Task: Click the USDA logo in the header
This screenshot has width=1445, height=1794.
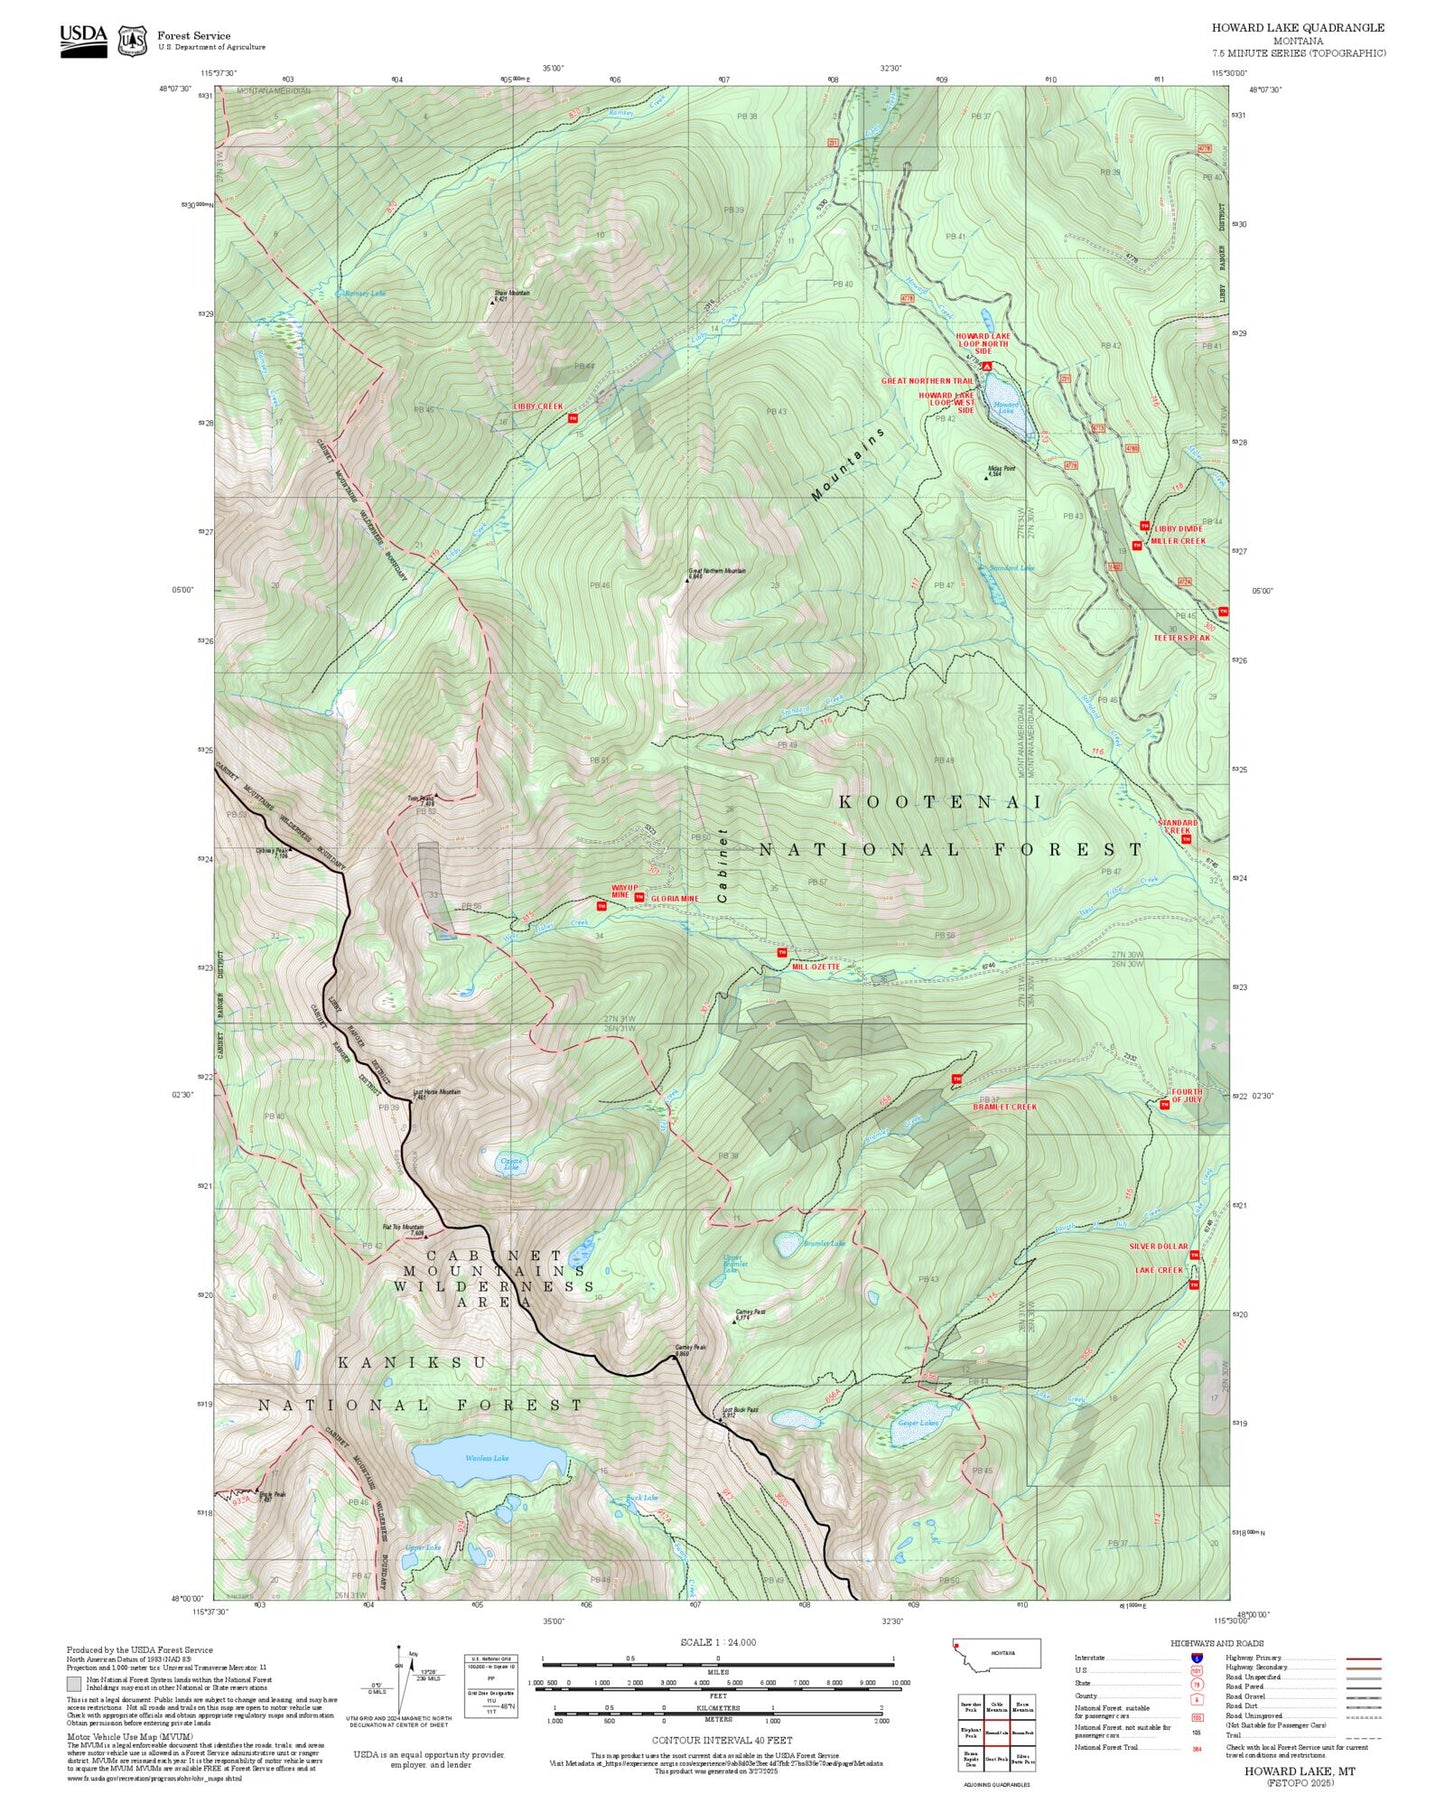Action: pyautogui.click(x=83, y=40)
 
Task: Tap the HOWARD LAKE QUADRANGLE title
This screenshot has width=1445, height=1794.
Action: pyautogui.click(x=1298, y=28)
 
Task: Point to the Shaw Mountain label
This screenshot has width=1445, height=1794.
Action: pyautogui.click(x=513, y=295)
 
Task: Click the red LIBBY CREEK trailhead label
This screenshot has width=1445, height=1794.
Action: pyautogui.click(x=538, y=407)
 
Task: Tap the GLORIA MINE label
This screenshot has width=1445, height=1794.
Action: pyautogui.click(x=675, y=898)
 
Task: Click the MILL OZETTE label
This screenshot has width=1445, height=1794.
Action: pyautogui.click(x=816, y=967)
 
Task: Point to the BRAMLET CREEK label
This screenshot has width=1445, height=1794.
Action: pyautogui.click(x=1005, y=1107)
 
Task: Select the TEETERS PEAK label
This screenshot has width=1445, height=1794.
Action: pyautogui.click(x=1181, y=637)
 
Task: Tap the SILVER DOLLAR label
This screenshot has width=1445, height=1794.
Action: pyautogui.click(x=1158, y=1246)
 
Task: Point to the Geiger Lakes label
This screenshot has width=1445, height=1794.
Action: pyautogui.click(x=917, y=1423)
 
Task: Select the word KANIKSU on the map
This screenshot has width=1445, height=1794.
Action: pyautogui.click(x=412, y=1363)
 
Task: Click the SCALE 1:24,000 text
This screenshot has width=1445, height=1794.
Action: pyautogui.click(x=717, y=1642)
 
